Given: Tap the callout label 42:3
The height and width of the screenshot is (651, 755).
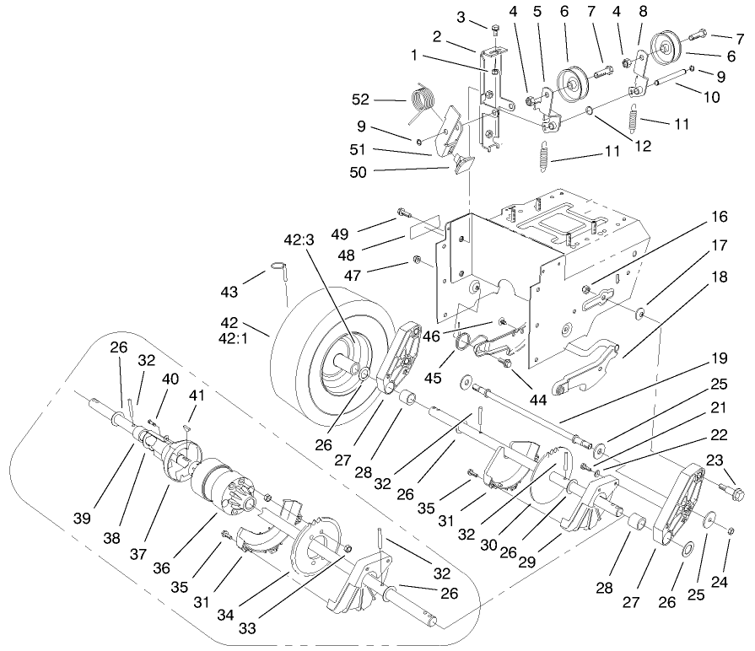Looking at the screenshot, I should pos(299,240).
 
